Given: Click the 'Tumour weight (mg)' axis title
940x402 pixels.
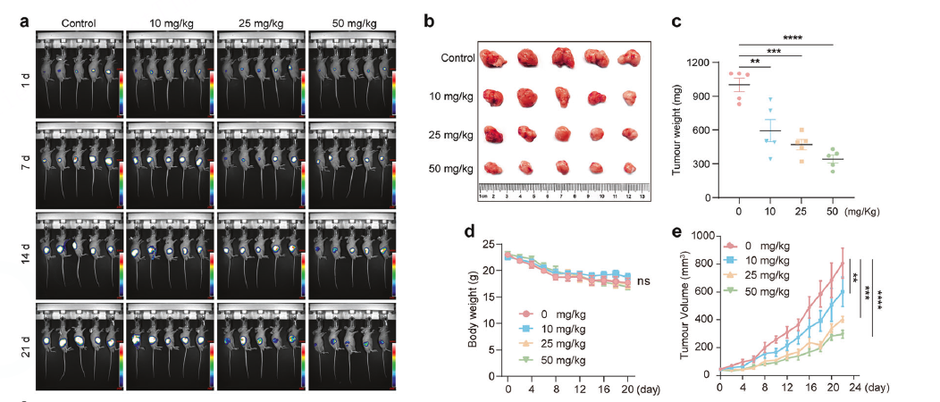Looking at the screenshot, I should point(679,130).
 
